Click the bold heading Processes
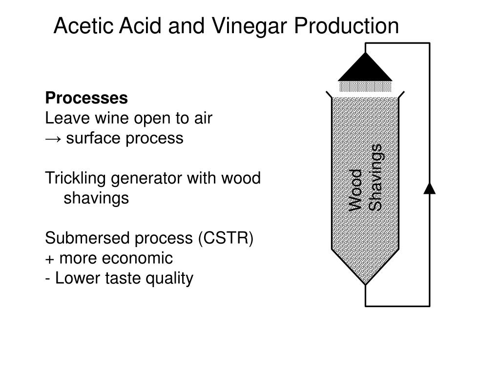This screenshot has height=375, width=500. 86,98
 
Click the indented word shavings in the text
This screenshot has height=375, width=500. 97,199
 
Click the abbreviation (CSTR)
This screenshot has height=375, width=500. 226,239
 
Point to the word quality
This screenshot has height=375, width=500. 168,279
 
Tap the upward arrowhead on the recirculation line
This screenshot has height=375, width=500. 429,188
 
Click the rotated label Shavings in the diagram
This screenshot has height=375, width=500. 375,178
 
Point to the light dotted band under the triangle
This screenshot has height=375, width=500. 365,87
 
